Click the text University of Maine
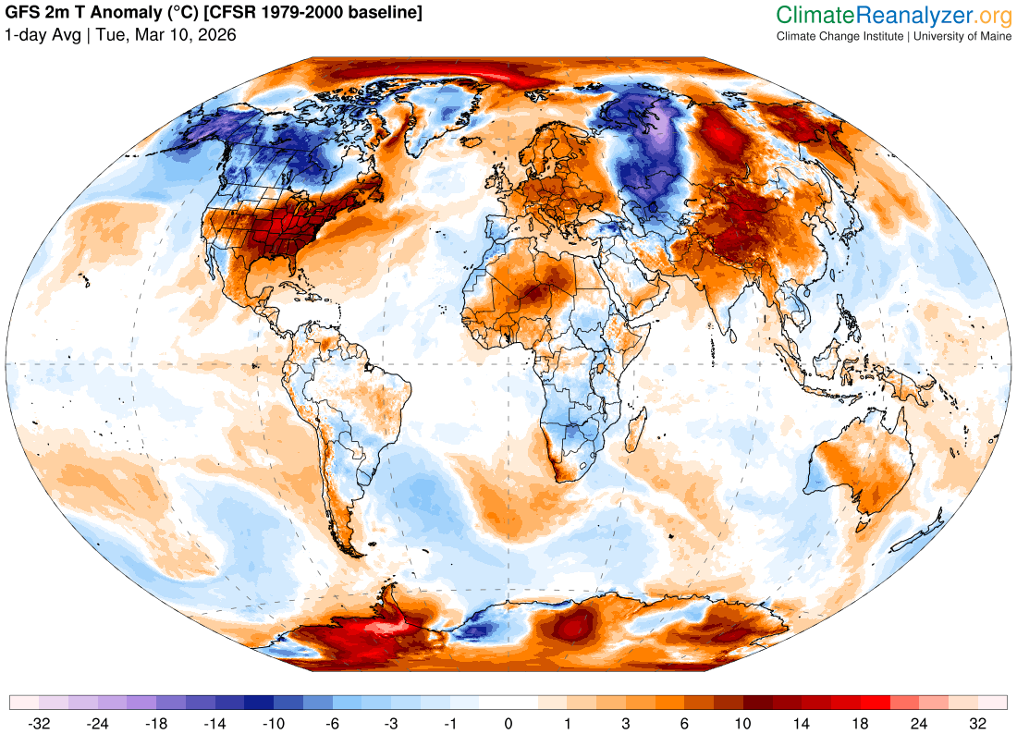pyautogui.click(x=963, y=36)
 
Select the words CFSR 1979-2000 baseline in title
pyautogui.click(x=317, y=13)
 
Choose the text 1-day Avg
pyautogui.click(x=43, y=35)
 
